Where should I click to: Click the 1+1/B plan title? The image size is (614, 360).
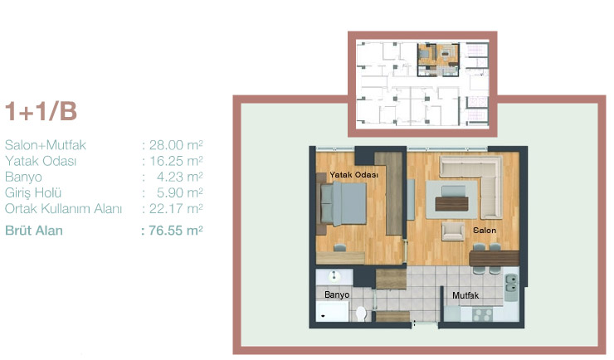[x=41, y=111]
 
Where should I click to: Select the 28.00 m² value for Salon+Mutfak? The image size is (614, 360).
[x=176, y=145]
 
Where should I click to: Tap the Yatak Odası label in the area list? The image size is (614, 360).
[x=41, y=161]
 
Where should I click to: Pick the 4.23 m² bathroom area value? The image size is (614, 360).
[x=180, y=177]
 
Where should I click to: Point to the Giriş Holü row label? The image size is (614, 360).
[x=33, y=193]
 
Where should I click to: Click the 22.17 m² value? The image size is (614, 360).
[x=176, y=208]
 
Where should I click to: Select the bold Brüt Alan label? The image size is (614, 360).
[x=34, y=231]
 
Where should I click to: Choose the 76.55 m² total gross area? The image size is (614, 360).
[x=176, y=231]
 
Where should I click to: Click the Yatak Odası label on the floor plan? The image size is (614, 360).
[x=354, y=175]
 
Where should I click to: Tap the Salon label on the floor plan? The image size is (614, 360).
[x=485, y=231]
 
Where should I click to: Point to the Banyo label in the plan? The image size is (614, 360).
[x=337, y=294]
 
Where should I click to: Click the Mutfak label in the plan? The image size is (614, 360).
[x=465, y=295]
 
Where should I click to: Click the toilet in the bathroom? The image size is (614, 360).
[x=361, y=314]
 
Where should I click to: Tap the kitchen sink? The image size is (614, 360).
[x=511, y=284]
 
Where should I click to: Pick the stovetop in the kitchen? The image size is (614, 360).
[x=482, y=314]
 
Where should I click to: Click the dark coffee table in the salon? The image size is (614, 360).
[x=451, y=203]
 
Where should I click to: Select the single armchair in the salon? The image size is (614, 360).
[x=454, y=231]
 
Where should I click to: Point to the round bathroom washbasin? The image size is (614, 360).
[x=334, y=276]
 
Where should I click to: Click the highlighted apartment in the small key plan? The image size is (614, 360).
[x=438, y=60]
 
